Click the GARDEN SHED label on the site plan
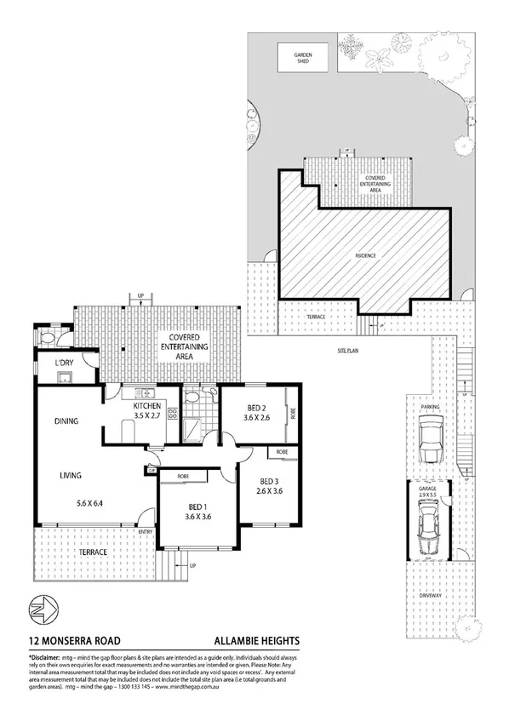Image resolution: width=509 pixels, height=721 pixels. click(x=304, y=58)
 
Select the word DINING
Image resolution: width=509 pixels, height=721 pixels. click(x=67, y=421)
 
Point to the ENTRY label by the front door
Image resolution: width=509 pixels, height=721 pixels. click(x=146, y=533)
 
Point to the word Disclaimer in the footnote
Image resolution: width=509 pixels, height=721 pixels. click(x=47, y=659)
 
